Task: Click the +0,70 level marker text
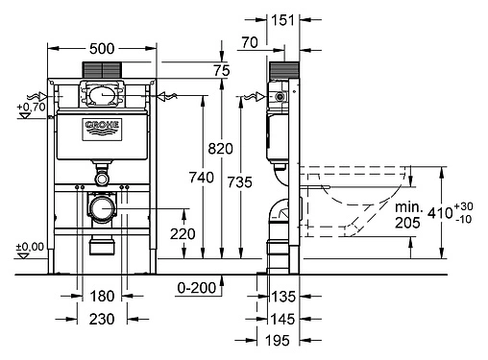point(32,107)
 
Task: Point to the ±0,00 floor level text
point(30,248)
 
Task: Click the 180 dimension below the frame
point(102,297)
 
